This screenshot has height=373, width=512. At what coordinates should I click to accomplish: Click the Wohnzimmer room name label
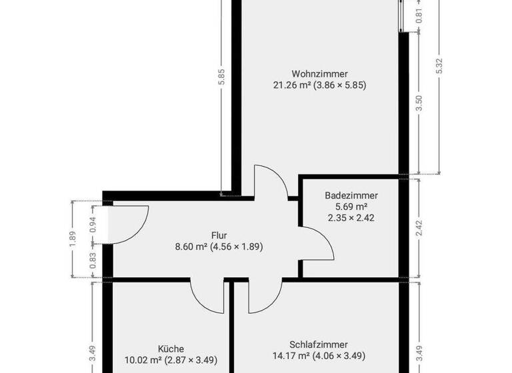tap(319, 74)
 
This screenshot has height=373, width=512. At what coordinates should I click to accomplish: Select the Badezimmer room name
tap(351, 196)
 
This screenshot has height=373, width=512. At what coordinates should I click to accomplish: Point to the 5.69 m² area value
tap(351, 206)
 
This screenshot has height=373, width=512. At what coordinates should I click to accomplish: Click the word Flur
tap(219, 236)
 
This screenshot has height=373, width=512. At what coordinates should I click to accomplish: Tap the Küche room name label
tap(171, 348)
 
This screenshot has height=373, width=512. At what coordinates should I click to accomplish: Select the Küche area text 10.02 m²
tap(143, 360)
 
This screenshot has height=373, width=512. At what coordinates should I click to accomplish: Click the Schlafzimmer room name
tap(319, 345)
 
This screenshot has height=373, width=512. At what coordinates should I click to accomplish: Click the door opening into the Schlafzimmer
tap(261, 296)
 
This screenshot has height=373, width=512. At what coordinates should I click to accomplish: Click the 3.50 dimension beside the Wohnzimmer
tap(419, 104)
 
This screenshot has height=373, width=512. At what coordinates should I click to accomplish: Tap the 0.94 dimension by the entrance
tap(93, 224)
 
